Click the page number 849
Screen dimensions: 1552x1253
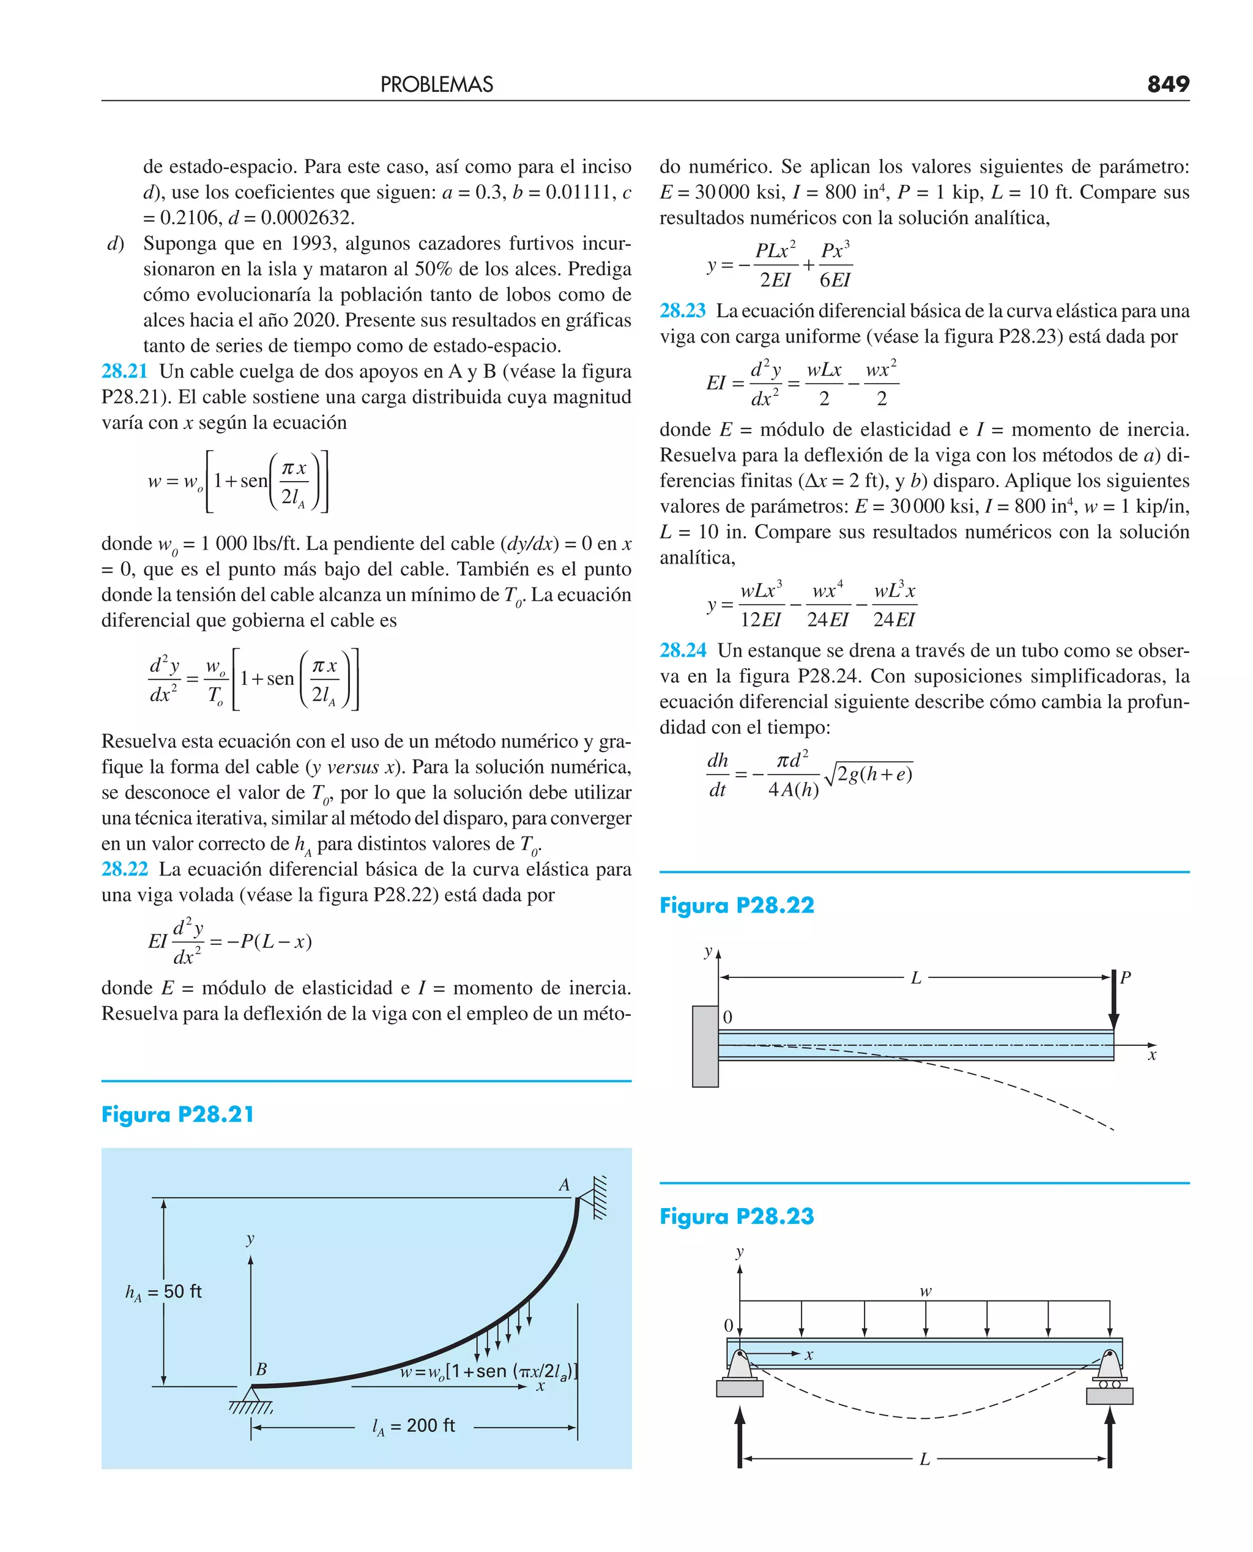point(1168,84)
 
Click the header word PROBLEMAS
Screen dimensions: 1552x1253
point(437,85)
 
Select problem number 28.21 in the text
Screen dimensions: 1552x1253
point(124,371)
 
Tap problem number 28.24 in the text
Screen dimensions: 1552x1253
point(682,651)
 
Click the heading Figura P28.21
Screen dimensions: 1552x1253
point(177,1114)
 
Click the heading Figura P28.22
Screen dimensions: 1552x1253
point(736,906)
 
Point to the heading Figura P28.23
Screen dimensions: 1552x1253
point(736,1217)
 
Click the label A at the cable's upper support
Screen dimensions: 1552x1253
point(563,1185)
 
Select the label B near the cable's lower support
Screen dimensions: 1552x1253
point(261,1370)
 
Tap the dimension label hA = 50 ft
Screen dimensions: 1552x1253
point(164,1292)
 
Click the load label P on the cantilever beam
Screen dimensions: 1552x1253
point(1125,978)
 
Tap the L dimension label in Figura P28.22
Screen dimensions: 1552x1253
point(916,978)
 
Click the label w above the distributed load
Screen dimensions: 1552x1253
point(925,1291)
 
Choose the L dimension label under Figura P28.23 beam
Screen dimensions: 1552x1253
point(924,1460)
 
